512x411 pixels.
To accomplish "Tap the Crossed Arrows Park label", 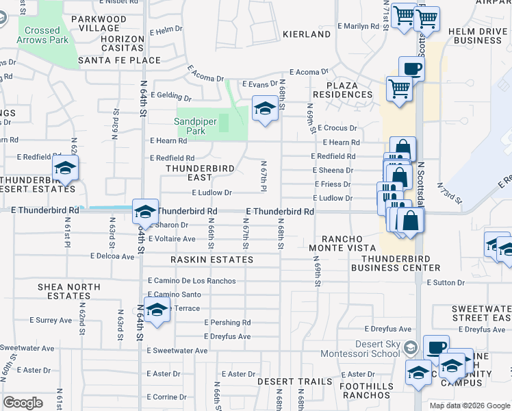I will point(42,36).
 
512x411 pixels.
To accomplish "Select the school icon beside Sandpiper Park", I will point(265,108).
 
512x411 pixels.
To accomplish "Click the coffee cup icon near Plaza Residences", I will point(411,68).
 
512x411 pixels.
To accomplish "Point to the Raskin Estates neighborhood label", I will point(212,260).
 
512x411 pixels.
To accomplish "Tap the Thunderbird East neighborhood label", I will point(201,173).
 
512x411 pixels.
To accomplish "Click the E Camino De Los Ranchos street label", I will point(192,281).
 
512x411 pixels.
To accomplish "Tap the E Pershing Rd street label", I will point(227,323).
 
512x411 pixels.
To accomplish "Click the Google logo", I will point(23,403).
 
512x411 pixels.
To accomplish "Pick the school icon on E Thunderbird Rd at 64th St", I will point(145,212).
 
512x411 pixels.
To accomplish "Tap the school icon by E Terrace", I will point(157,310).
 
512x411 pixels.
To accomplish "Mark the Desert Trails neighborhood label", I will point(304,381).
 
